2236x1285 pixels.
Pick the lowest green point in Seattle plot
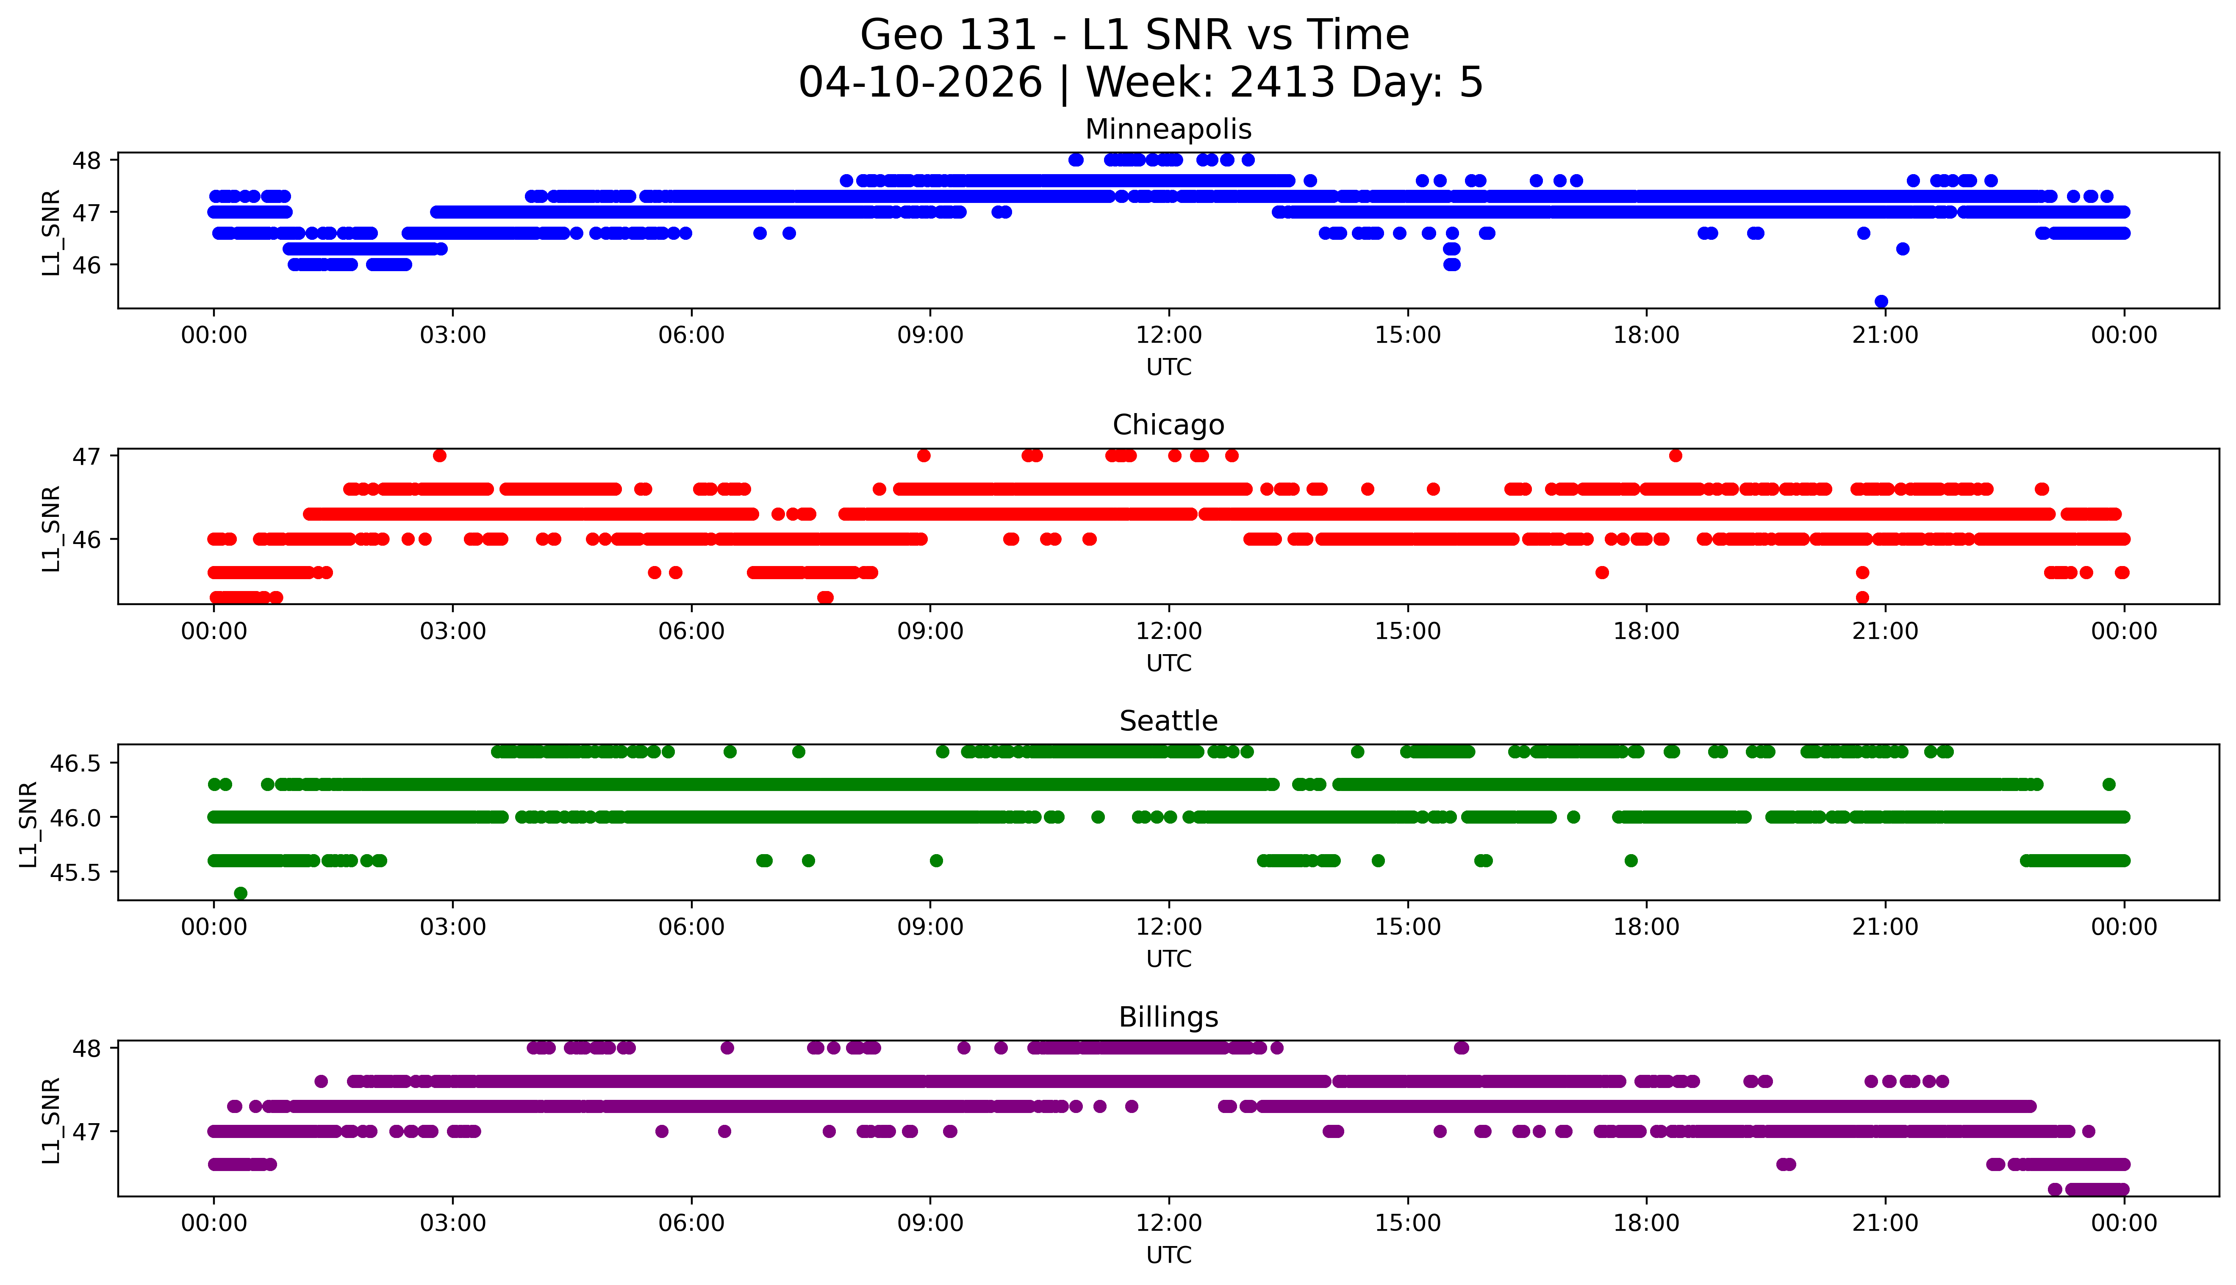point(240,893)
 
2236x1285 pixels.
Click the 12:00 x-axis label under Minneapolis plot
point(1168,336)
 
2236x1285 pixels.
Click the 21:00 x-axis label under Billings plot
point(1885,1223)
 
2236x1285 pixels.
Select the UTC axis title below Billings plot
point(1168,1254)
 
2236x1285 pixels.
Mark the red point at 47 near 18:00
point(1675,455)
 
